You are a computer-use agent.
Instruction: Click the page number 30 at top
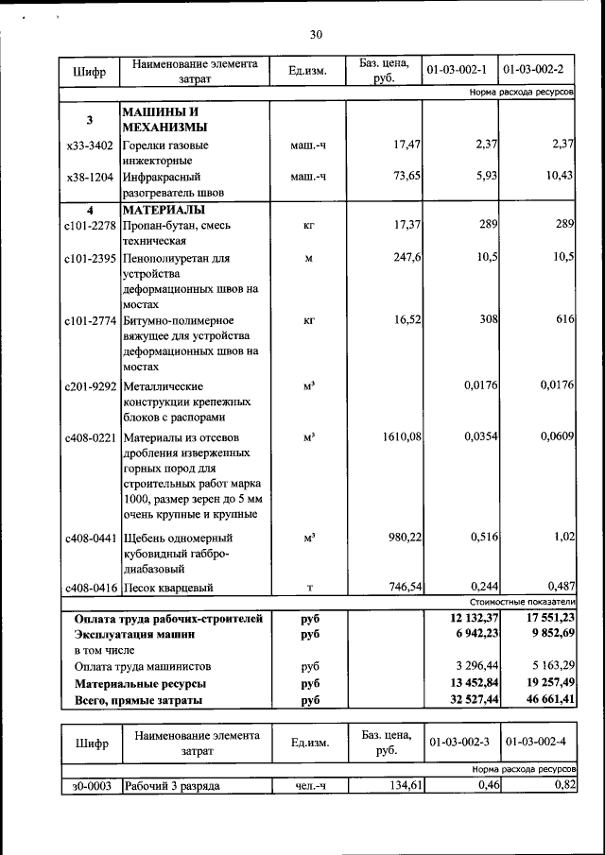pyautogui.click(x=316, y=35)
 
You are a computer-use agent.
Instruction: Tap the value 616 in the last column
pyautogui.click(x=565, y=320)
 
